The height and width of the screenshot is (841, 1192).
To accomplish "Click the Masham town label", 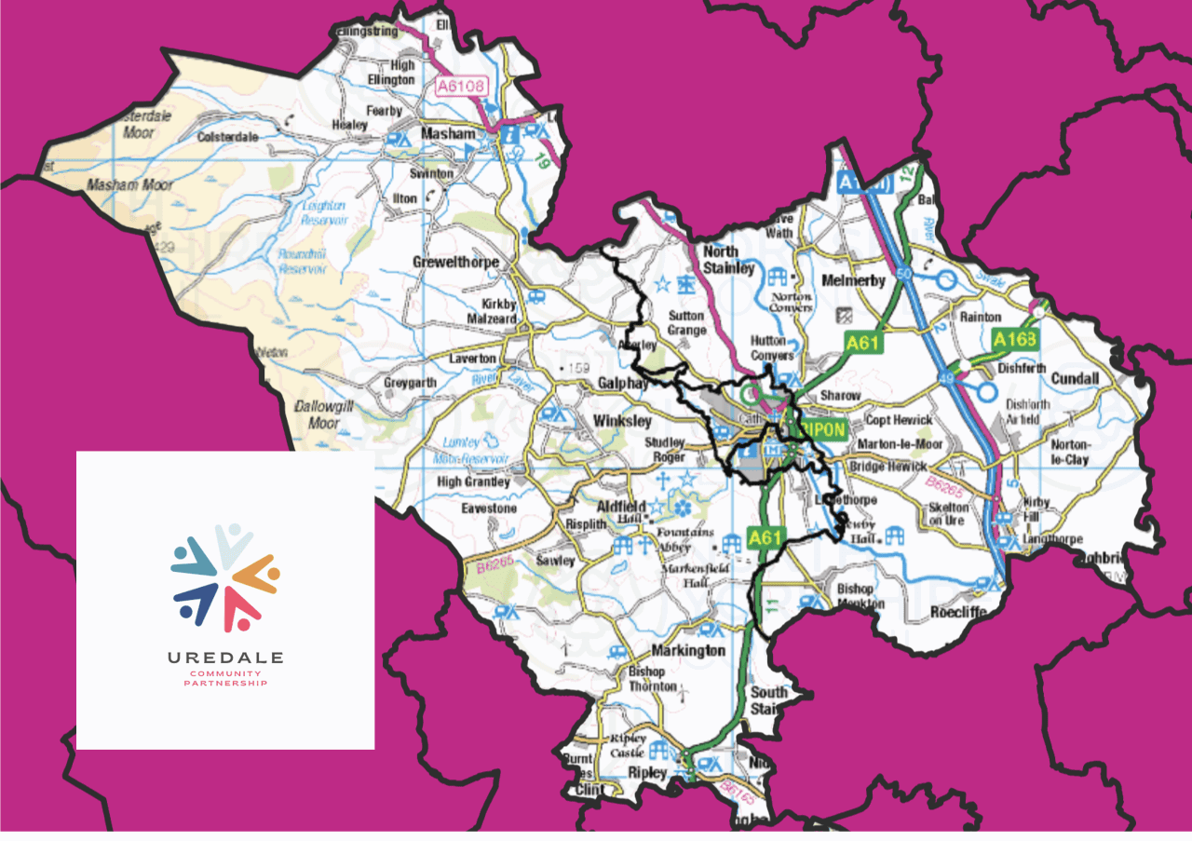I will click(448, 134).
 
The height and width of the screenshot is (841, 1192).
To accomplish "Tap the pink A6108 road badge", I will click(461, 87).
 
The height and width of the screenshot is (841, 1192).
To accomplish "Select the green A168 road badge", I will click(1014, 339).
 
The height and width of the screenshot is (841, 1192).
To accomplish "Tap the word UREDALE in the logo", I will click(225, 658).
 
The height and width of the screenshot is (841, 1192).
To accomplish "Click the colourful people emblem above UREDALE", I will click(225, 577).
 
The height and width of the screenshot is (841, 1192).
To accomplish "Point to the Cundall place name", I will click(1075, 379).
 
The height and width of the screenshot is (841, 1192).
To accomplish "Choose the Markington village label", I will click(688, 650).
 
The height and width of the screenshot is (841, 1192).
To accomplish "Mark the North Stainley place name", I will click(728, 260).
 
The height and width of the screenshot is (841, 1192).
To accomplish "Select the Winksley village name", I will click(622, 421).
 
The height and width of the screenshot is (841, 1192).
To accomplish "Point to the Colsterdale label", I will click(227, 137).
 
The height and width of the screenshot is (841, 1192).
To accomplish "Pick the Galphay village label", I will click(623, 383).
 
